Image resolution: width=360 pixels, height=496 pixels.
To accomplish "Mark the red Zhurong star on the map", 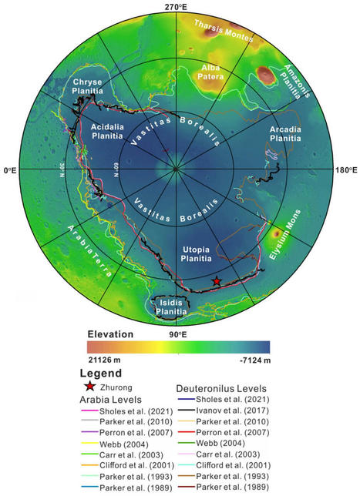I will click(217, 282).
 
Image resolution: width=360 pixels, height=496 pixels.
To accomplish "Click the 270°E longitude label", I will click(177, 6).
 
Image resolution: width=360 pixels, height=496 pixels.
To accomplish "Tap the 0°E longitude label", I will click(12, 170).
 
